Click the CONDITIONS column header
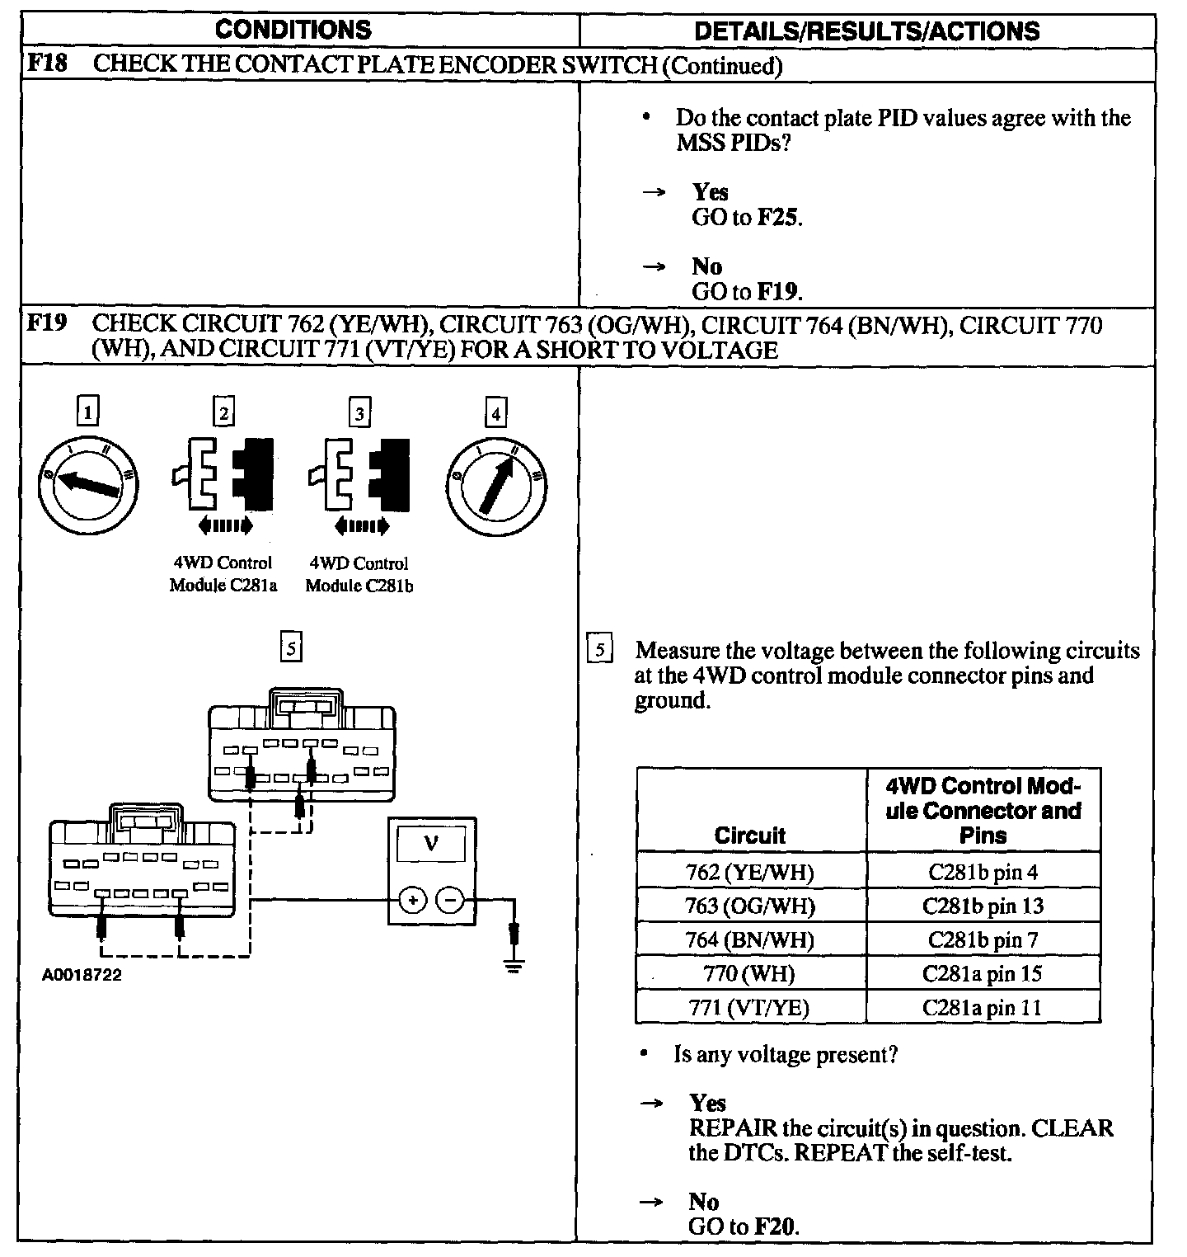[293, 31]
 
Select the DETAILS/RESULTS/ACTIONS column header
[866, 31]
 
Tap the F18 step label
[46, 64]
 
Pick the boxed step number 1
[87, 412]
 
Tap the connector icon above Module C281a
[223, 476]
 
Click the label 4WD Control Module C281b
[359, 574]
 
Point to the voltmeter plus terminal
[411, 900]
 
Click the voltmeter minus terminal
[450, 900]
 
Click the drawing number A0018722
[82, 975]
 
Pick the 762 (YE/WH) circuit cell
[750, 872]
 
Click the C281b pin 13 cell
[983, 906]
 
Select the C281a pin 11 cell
[983, 1007]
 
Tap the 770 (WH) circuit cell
[750, 973]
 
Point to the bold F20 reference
[776, 1226]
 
